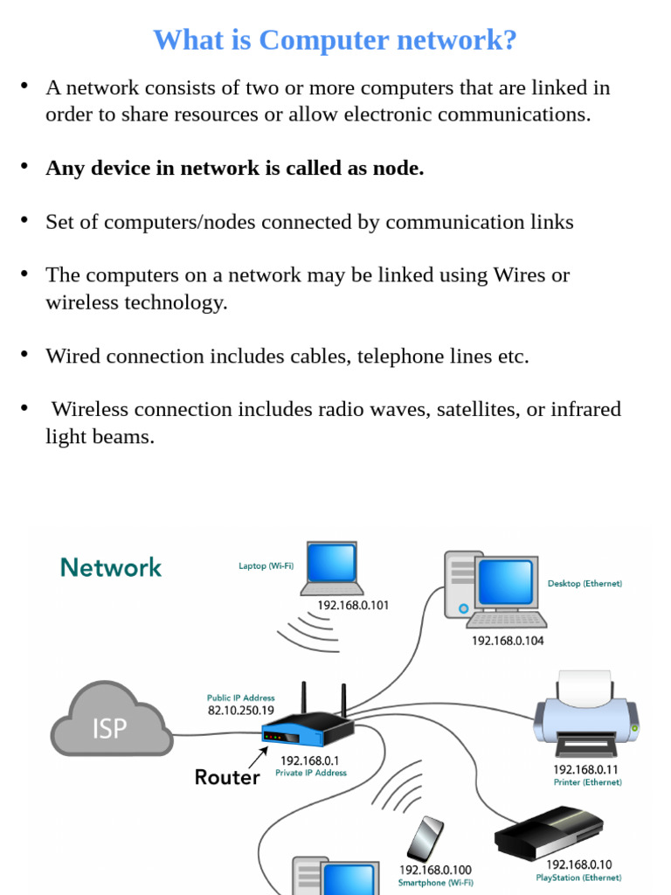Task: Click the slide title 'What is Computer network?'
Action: pyautogui.click(x=335, y=40)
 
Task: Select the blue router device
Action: pyautogui.click(x=308, y=722)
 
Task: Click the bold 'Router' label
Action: pyautogui.click(x=227, y=777)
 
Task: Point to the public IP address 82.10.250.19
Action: pyautogui.click(x=241, y=711)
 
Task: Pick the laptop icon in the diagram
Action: pyautogui.click(x=332, y=568)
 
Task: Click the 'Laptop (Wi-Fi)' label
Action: pyautogui.click(x=266, y=565)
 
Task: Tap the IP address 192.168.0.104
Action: pyautogui.click(x=508, y=641)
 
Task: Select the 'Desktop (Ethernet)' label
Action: pyautogui.click(x=585, y=583)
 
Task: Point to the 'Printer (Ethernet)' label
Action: pyautogui.click(x=588, y=782)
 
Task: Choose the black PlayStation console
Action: pyautogui.click(x=549, y=833)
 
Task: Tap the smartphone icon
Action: pyautogui.click(x=425, y=838)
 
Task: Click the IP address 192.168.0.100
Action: pyautogui.click(x=435, y=870)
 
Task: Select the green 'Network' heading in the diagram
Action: pyautogui.click(x=111, y=567)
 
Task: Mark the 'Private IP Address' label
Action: pyautogui.click(x=311, y=773)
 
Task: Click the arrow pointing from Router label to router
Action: pyautogui.click(x=258, y=758)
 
